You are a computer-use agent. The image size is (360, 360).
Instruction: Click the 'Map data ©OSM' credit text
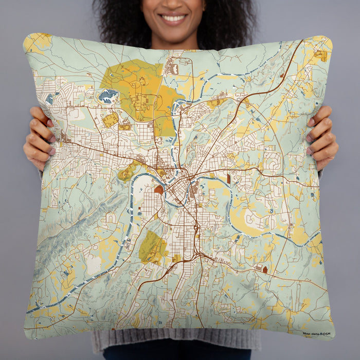[317, 334]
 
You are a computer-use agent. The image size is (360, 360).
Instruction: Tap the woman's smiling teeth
[174, 19]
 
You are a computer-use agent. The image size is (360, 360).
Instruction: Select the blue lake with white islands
[108, 96]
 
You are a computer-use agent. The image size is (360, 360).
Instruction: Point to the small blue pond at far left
[49, 98]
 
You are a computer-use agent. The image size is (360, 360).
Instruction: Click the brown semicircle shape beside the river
[159, 189]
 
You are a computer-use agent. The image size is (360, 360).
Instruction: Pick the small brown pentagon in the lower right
[265, 269]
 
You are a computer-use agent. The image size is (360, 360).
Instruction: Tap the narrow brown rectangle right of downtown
[228, 179]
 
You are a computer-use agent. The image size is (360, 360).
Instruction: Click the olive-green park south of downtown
[152, 247]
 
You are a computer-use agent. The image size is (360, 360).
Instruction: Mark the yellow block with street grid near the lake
[110, 120]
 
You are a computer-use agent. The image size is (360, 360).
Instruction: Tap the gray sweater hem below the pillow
[175, 342]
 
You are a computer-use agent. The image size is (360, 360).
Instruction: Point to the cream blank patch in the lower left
[94, 265]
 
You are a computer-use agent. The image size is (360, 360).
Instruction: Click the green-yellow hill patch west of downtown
[127, 172]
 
